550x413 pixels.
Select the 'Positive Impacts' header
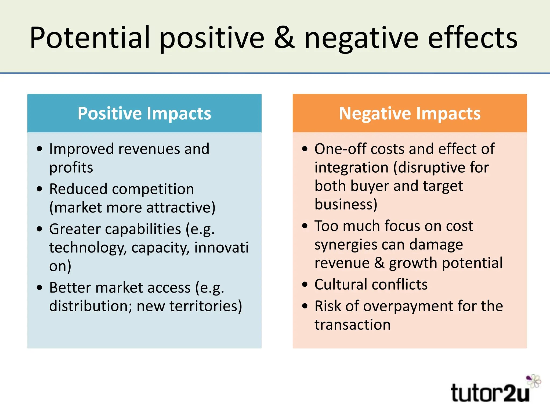[x=144, y=113]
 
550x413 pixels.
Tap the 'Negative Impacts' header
[x=410, y=113]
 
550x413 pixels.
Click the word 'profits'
[x=71, y=168]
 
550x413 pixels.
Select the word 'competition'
[x=153, y=189]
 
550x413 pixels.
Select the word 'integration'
[x=352, y=168]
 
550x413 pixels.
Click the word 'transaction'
[x=352, y=325]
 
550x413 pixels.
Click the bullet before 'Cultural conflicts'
[x=305, y=284]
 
